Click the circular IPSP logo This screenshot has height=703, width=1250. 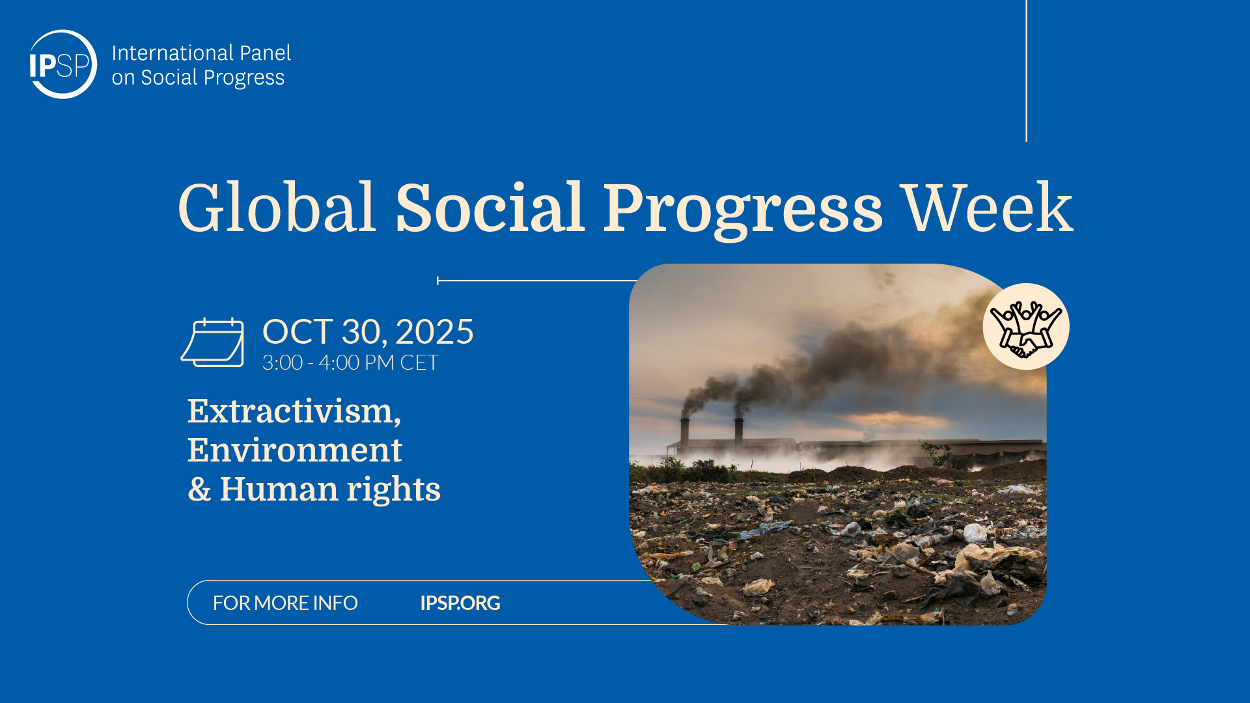point(62,64)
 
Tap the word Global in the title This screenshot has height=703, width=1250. point(277,208)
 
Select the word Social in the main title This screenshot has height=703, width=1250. point(490,208)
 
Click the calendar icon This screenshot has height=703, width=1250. point(213,342)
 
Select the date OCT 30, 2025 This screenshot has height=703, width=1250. point(368,332)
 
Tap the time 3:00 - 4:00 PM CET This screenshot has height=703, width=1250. point(350,363)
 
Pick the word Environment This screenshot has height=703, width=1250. point(295,450)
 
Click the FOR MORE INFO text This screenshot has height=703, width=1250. point(285,603)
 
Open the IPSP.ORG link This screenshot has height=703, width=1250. point(460,603)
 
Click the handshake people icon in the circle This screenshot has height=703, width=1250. point(1026,327)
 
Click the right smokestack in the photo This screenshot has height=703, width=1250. point(739,431)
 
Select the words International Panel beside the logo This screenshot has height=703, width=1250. point(201,53)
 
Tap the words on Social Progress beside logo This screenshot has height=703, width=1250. point(198,77)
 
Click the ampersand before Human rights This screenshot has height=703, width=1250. point(200,489)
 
